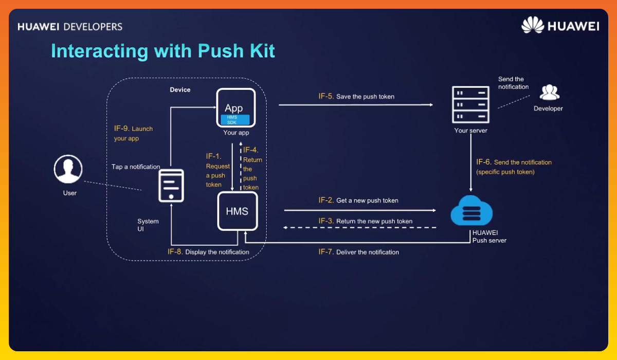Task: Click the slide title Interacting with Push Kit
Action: pyautogui.click(x=162, y=51)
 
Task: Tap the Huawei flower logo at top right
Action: pyautogui.click(x=532, y=25)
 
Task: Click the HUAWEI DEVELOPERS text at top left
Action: pyautogui.click(x=70, y=26)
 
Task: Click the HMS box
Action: pyautogui.click(x=237, y=211)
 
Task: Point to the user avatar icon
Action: pyautogui.click(x=68, y=169)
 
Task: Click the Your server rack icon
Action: pyautogui.click(x=470, y=104)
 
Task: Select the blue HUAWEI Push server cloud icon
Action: pyautogui.click(x=471, y=211)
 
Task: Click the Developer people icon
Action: pyautogui.click(x=549, y=93)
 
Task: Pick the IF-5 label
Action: pyautogui.click(x=326, y=96)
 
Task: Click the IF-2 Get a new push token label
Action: pyautogui.click(x=358, y=200)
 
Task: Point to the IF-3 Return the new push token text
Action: pyautogui.click(x=366, y=221)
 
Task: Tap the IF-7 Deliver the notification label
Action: pyautogui.click(x=358, y=252)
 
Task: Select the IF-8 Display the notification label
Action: pyautogui.click(x=208, y=252)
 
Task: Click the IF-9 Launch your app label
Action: pyautogui.click(x=133, y=134)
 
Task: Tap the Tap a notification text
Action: pyautogui.click(x=136, y=167)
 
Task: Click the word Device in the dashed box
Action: pyautogui.click(x=180, y=90)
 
